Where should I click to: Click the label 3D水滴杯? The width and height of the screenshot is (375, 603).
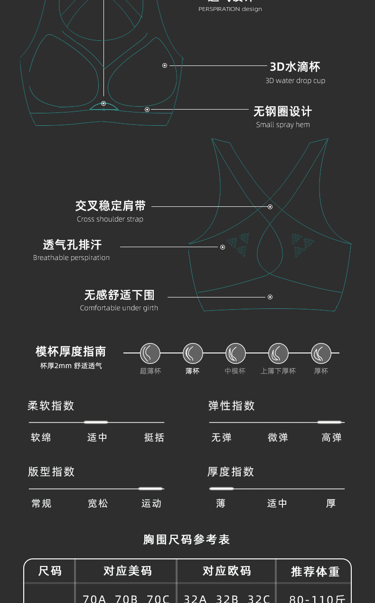coord(295,67)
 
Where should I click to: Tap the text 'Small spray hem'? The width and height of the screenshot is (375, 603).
coord(282,125)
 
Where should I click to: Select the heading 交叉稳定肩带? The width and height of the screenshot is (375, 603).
coord(111,206)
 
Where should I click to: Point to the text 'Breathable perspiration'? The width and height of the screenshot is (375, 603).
coord(71,258)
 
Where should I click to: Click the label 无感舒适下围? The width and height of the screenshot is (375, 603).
coord(120,295)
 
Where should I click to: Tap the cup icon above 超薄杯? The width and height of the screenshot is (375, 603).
coord(150,353)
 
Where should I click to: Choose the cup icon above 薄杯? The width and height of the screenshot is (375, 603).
coord(193,353)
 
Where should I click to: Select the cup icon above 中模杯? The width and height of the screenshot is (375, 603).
coord(235,353)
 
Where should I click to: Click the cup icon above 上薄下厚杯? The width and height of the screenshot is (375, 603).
coord(278,353)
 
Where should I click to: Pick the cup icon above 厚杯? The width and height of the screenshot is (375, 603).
coord(321,353)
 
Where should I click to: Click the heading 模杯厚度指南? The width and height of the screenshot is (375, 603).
coord(71,352)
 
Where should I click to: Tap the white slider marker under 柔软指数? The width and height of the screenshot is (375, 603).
coord(96,422)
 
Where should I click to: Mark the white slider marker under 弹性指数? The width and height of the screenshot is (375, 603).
coord(329,422)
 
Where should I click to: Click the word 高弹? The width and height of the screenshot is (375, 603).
coord(331,437)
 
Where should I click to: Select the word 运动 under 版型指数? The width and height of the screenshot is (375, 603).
coord(151,503)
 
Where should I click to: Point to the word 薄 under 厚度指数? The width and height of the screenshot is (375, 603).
coord(221,503)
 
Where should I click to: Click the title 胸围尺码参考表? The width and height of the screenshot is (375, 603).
coord(187,539)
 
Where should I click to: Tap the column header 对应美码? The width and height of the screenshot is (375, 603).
coord(128,571)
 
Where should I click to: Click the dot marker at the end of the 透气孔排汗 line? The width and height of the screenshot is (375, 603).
coord(222,247)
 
